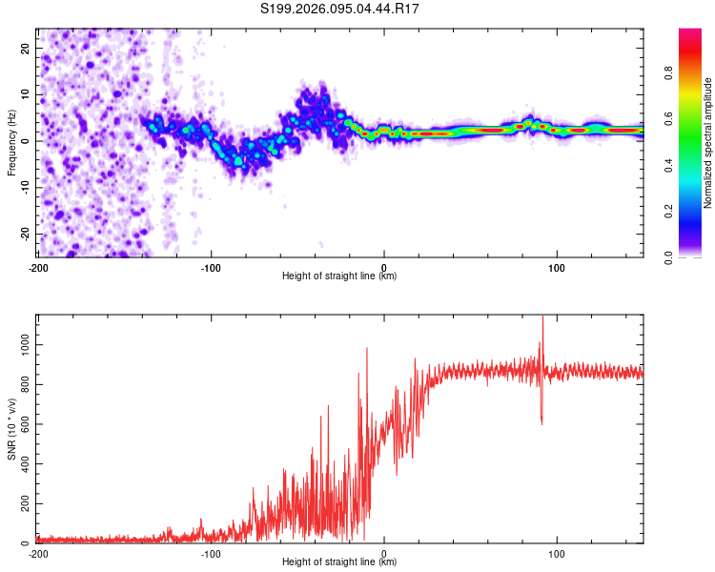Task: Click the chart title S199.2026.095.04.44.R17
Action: click(340, 9)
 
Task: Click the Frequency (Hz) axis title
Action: click(11, 142)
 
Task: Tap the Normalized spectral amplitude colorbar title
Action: click(707, 142)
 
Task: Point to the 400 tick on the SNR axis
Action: click(23, 463)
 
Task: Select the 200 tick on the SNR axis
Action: click(23, 503)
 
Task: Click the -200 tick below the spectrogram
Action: click(38, 267)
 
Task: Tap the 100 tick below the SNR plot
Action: click(557, 553)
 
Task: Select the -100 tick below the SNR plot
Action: click(211, 553)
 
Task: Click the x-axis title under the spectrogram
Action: click(340, 276)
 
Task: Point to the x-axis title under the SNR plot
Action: click(340, 562)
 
